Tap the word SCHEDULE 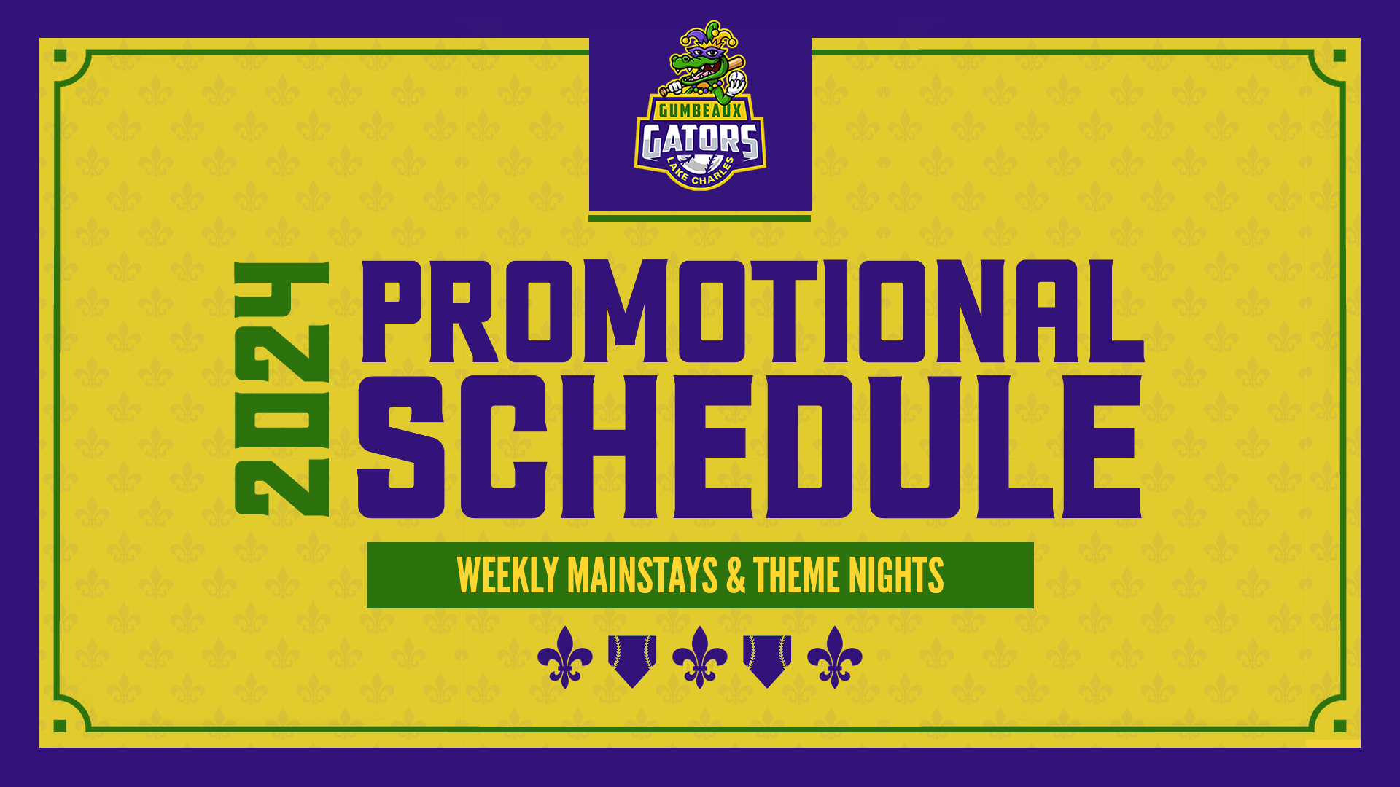[750, 447]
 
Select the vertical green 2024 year [282, 388]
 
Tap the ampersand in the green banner [736, 576]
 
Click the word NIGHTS [895, 576]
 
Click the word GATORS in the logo [700, 141]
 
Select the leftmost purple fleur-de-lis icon [565, 657]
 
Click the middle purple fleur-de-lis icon [700, 657]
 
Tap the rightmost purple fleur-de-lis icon [835, 657]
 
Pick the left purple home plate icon [632, 659]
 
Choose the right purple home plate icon [767, 659]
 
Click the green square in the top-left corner [61, 56]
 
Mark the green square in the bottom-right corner [1339, 726]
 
